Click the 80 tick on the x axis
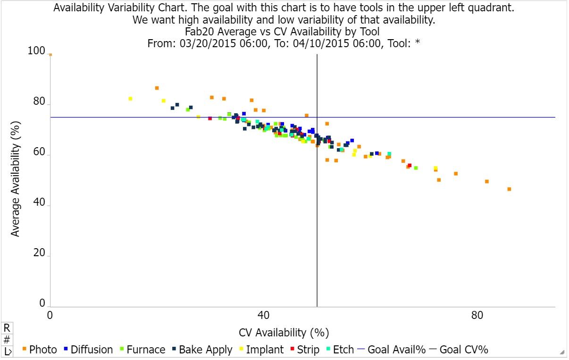tap(477, 315)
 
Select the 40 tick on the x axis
tap(264, 315)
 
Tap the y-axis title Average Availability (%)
tap(16, 180)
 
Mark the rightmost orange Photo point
tap(509, 189)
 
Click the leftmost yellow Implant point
tap(130, 99)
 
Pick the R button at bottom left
tap(7, 327)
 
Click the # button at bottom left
tap(7, 340)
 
